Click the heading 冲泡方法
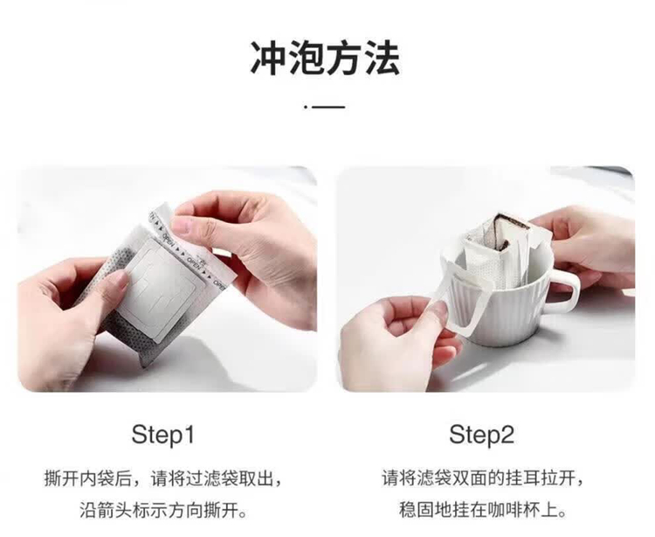click(x=325, y=58)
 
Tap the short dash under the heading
click(x=328, y=107)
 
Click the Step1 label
click(x=163, y=435)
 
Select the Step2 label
click(x=481, y=435)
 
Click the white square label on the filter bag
click(x=154, y=289)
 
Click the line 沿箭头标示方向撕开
click(x=163, y=511)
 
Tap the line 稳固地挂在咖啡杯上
click(x=481, y=511)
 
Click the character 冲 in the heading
click(x=268, y=58)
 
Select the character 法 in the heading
click(x=382, y=58)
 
